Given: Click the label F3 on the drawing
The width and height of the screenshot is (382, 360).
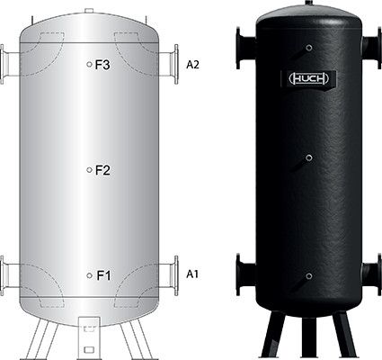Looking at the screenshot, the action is [x=102, y=65].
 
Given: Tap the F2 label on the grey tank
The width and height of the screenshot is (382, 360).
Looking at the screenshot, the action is [x=102, y=170].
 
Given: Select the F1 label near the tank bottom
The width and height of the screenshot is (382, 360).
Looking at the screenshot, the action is [x=103, y=275].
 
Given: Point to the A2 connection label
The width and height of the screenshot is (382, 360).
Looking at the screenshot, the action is [x=192, y=65].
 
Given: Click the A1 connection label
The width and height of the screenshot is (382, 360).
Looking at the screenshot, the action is [x=192, y=274].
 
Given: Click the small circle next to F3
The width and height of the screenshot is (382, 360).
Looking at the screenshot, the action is [x=89, y=64].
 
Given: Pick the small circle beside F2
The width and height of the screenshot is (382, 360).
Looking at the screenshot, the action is [x=89, y=170].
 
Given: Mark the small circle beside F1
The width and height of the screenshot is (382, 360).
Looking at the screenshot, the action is [x=89, y=275].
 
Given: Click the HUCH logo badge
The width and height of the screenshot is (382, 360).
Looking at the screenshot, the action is [x=309, y=79].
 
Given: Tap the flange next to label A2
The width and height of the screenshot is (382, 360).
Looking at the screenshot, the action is [x=176, y=64].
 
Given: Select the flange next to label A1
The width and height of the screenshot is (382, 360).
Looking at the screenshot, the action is [x=176, y=275].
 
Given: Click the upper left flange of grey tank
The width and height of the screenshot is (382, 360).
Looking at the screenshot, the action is [x=2, y=64].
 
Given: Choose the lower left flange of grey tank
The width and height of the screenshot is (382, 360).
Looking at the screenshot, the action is [x=2, y=275].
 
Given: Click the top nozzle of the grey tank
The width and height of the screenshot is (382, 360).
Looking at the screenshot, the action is [x=89, y=11].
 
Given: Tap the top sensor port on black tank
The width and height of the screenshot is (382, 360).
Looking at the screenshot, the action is [x=309, y=48].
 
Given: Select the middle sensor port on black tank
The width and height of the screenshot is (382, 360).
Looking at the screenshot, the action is [x=309, y=158].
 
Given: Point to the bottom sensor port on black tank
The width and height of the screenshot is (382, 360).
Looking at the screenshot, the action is [x=309, y=276].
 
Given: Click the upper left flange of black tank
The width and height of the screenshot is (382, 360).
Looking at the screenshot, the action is [x=238, y=48].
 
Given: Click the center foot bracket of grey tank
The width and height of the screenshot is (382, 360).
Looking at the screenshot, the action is [x=89, y=338].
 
